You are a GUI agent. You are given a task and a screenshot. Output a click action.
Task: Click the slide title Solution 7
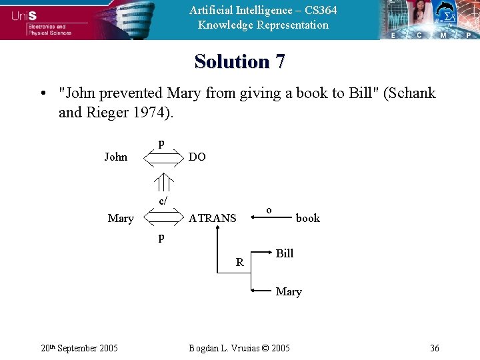pos(240,61)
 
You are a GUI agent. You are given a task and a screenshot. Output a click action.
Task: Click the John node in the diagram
pos(115,157)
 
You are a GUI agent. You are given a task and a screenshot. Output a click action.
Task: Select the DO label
pos(197,157)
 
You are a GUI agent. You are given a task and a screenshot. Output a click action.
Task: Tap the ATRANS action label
pos(212,218)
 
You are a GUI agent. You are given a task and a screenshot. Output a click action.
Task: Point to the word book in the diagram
pos(307,218)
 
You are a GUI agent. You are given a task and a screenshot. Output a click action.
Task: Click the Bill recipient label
pos(285,253)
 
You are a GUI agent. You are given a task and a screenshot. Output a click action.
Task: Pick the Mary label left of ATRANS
pos(121,218)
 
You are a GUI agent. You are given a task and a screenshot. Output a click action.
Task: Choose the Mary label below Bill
pos(289,292)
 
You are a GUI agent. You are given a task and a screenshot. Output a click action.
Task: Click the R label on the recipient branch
pos(239,263)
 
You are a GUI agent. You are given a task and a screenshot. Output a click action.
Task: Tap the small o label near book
pos(268,210)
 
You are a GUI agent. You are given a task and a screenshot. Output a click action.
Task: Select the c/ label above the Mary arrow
pos(163,201)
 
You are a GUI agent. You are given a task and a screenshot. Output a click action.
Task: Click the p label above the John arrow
pos(161,143)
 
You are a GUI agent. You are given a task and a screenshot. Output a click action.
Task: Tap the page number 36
pos(434,348)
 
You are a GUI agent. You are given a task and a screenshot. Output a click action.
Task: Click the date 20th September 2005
pos(79,348)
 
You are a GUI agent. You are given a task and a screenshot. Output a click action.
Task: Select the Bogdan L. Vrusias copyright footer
pos(239,348)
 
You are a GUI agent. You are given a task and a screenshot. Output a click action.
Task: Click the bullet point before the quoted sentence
pos(42,93)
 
